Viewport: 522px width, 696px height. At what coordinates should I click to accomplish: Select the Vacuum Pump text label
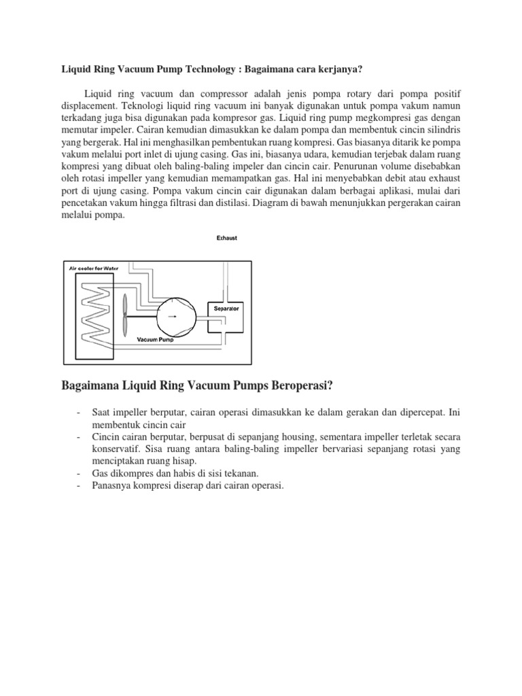pyautogui.click(x=155, y=339)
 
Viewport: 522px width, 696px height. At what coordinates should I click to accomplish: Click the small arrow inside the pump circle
pyautogui.click(x=175, y=315)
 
